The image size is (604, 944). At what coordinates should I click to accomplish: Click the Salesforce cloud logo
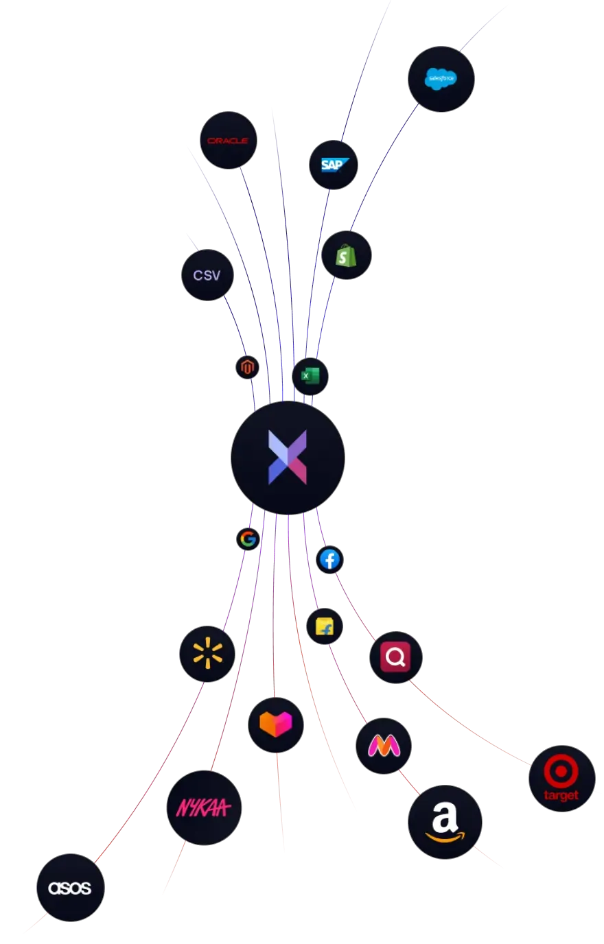pyautogui.click(x=441, y=79)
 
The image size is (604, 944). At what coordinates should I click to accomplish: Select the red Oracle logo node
pyautogui.click(x=228, y=141)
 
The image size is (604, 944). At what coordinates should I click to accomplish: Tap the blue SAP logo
pyautogui.click(x=334, y=165)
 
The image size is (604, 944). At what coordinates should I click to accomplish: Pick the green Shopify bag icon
pyautogui.click(x=346, y=256)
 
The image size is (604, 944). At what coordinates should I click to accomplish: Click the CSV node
pyautogui.click(x=207, y=275)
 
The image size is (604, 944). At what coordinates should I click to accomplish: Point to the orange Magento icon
pyautogui.click(x=248, y=368)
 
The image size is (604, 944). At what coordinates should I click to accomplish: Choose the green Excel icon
pyautogui.click(x=310, y=377)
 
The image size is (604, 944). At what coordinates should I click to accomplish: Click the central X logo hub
pyautogui.click(x=288, y=458)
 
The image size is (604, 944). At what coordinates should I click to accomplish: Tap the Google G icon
pyautogui.click(x=248, y=539)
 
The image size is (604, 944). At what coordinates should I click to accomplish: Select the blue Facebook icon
pyautogui.click(x=330, y=560)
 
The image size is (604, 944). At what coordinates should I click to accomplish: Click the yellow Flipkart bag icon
pyautogui.click(x=325, y=626)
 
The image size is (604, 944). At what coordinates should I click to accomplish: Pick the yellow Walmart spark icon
pyautogui.click(x=207, y=654)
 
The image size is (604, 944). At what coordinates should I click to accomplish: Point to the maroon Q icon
pyautogui.click(x=396, y=657)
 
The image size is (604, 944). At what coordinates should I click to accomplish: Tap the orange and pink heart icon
pyautogui.click(x=276, y=724)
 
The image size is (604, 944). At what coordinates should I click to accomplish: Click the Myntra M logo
pyautogui.click(x=384, y=746)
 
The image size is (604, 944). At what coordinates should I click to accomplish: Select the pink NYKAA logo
pyautogui.click(x=204, y=808)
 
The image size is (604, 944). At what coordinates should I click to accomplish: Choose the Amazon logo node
pyautogui.click(x=445, y=822)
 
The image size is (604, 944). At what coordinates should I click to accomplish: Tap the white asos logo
pyautogui.click(x=70, y=888)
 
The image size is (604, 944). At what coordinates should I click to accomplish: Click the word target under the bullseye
pyautogui.click(x=561, y=796)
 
